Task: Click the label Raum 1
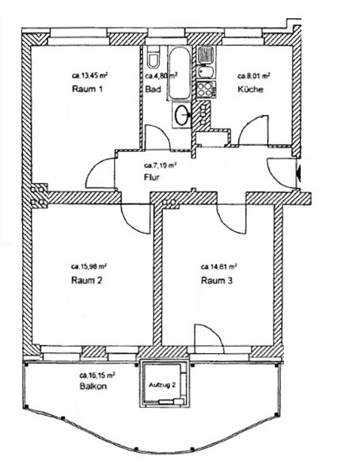(x=87, y=89)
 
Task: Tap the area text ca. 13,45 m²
(x=90, y=75)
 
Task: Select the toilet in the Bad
(x=153, y=58)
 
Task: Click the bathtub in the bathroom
(x=179, y=73)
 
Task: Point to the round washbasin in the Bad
(x=182, y=115)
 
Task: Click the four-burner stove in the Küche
(x=206, y=89)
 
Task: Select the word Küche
(x=250, y=89)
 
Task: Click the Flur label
(x=151, y=177)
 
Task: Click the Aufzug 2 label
(x=162, y=386)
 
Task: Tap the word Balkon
(x=93, y=386)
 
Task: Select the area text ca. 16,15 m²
(x=97, y=375)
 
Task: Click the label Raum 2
(x=86, y=280)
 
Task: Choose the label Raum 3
(x=217, y=280)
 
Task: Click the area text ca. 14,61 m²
(x=219, y=267)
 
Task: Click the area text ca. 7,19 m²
(x=160, y=165)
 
